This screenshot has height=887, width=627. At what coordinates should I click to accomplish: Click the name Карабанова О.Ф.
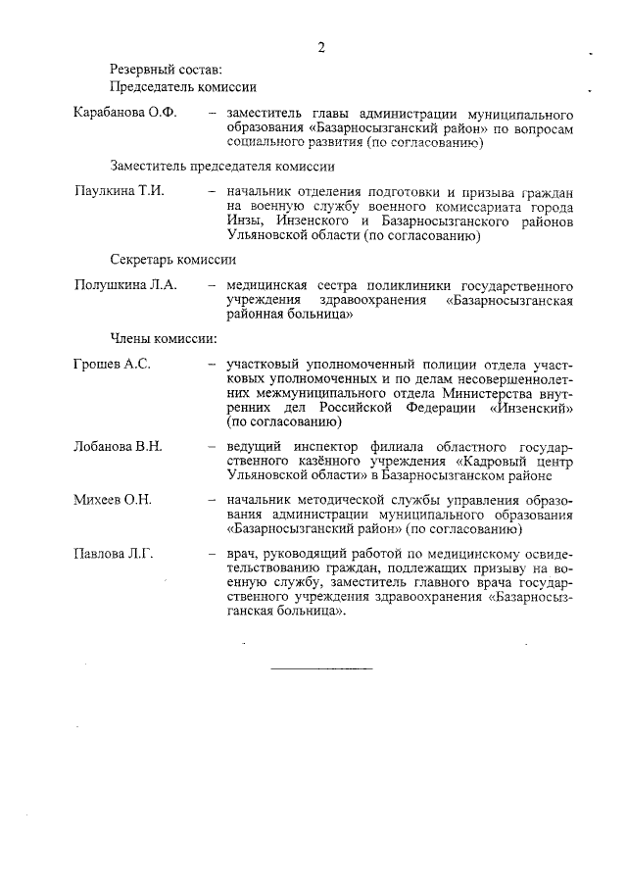click(124, 114)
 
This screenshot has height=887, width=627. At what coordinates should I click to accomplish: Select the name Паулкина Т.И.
click(119, 191)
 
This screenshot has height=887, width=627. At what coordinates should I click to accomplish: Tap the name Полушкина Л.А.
click(124, 285)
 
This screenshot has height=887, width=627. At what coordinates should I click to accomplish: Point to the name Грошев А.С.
click(112, 364)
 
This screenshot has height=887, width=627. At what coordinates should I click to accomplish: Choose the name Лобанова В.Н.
click(118, 446)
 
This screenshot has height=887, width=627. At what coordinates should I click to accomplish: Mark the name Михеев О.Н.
click(113, 500)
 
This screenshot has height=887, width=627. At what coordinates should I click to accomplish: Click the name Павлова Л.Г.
click(114, 554)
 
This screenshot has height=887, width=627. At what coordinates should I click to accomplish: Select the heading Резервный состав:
click(166, 69)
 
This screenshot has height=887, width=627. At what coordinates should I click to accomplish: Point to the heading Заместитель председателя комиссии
click(222, 167)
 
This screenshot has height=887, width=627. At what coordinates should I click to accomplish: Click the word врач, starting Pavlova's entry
click(241, 555)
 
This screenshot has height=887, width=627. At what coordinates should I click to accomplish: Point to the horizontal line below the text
click(321, 668)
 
